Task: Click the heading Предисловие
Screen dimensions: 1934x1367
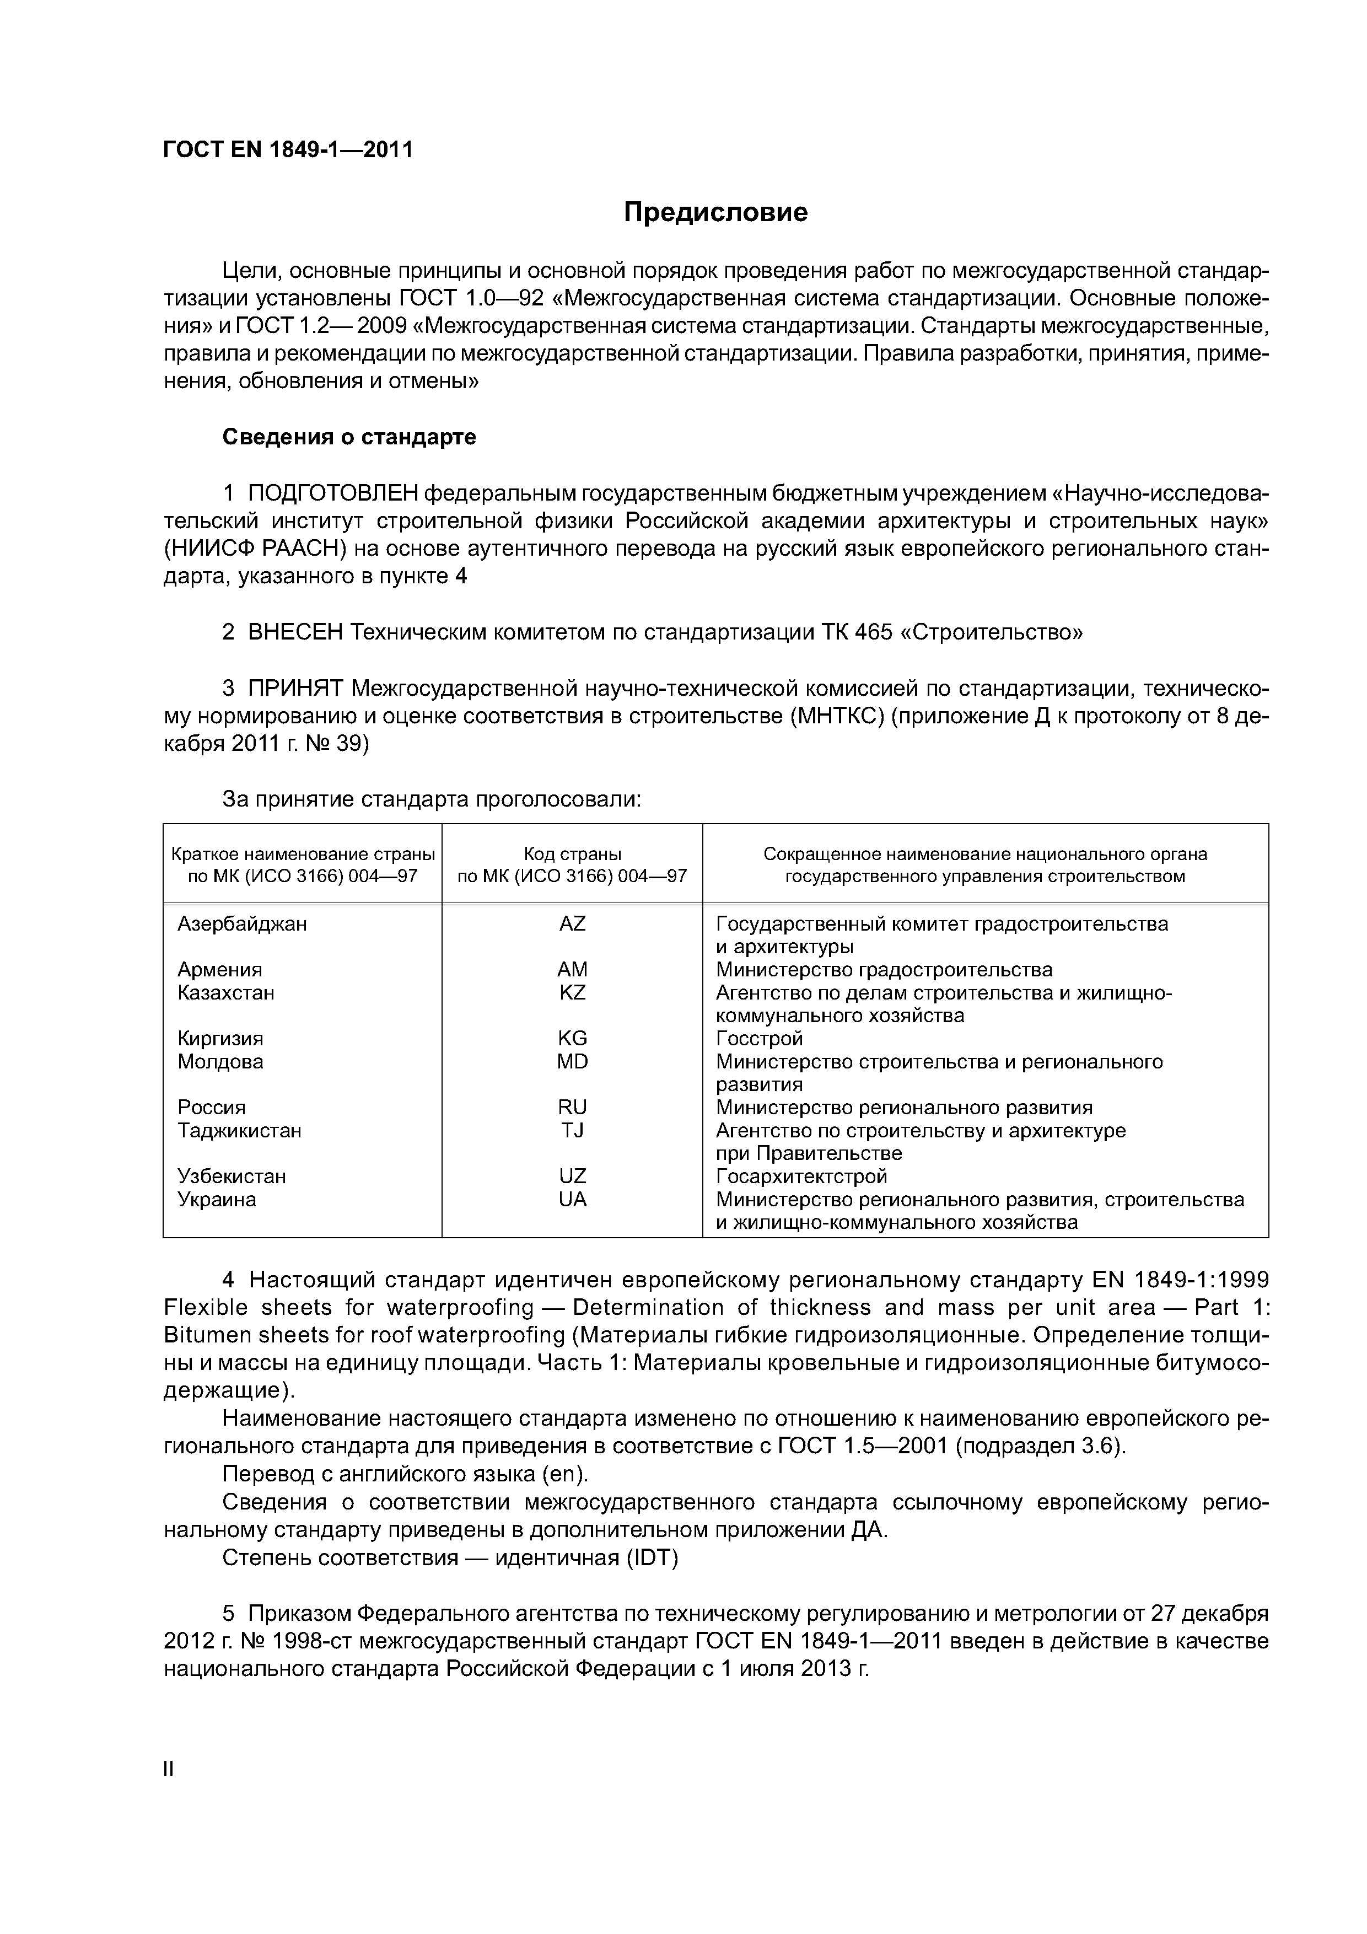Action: (715, 212)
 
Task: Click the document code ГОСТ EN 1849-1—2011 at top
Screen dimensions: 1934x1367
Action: (288, 150)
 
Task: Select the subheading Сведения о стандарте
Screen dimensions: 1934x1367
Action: (349, 437)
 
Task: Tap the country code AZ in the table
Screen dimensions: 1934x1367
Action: (572, 924)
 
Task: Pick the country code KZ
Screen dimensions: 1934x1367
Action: (572, 992)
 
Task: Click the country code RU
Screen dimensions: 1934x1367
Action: (572, 1107)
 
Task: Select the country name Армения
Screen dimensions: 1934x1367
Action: (220, 970)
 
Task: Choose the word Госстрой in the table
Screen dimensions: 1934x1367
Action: (759, 1039)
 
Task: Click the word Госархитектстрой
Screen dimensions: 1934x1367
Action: (801, 1176)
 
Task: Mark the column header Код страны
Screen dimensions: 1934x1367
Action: (572, 853)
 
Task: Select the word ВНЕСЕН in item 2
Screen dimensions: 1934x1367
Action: (295, 632)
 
